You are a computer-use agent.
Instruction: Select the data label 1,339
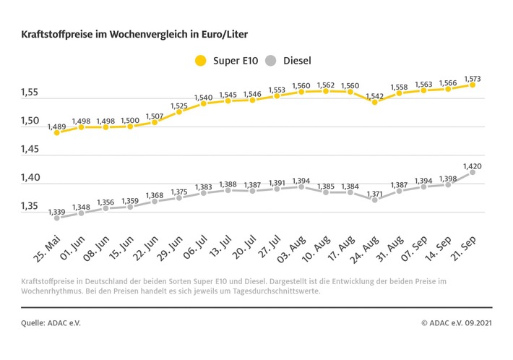[x=56, y=211]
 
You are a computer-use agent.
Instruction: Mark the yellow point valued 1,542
[x=374, y=102]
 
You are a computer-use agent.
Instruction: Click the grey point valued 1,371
[x=374, y=200]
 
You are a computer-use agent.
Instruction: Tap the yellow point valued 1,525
[x=178, y=112]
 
